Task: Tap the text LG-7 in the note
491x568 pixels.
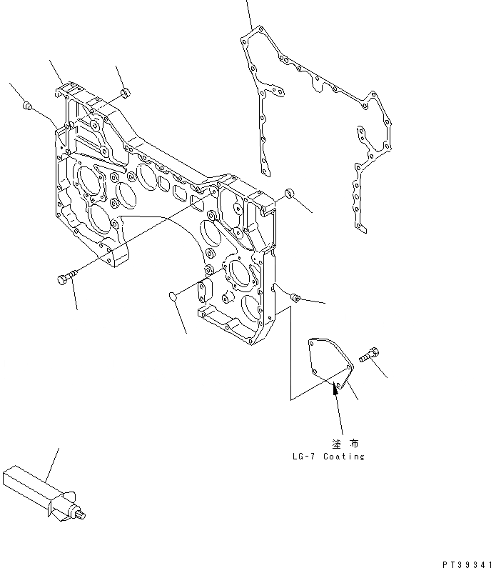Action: [303, 457]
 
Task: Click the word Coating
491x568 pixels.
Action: [343, 457]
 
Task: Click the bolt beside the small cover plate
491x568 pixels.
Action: [369, 353]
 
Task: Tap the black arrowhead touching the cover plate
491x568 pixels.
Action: [334, 389]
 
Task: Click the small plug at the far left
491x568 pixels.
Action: [27, 106]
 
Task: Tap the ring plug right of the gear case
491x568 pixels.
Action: [289, 194]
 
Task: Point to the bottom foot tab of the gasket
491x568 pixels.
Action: [360, 228]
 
